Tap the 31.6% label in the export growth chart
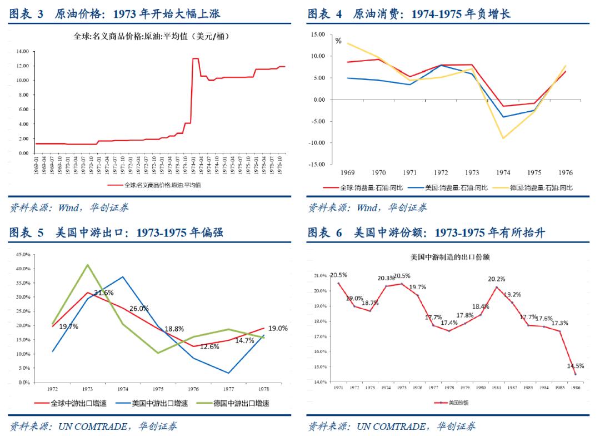(x=104, y=293)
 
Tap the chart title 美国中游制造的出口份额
(x=449, y=257)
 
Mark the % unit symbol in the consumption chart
(x=338, y=41)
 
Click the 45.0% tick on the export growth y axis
(x=23, y=254)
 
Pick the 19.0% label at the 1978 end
(x=278, y=328)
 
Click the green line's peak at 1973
(x=87, y=265)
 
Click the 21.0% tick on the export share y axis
(x=321, y=275)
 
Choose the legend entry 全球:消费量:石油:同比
(x=366, y=188)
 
